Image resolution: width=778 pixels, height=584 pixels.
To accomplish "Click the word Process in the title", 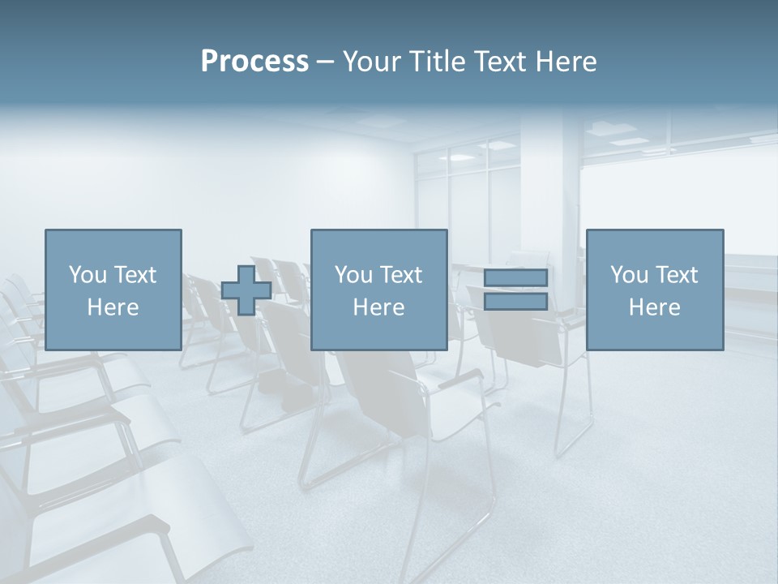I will [254, 62].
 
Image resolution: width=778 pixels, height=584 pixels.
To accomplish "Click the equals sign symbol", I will [515, 290].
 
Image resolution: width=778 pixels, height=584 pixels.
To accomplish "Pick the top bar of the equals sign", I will [515, 278].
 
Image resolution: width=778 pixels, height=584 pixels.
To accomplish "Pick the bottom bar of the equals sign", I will [515, 301].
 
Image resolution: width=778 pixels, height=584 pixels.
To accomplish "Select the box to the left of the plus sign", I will [113, 290].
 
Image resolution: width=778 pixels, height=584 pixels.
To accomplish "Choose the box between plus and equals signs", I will [378, 290].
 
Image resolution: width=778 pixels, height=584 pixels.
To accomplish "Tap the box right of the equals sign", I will [654, 290].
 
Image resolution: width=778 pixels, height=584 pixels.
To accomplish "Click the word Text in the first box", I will [134, 275].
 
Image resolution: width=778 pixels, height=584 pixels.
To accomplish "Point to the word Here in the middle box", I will [378, 307].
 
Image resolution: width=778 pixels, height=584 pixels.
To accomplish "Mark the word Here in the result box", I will [654, 307].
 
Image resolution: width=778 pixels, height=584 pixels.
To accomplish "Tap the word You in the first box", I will [88, 275].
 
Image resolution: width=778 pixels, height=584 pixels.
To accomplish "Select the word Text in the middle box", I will [400, 275].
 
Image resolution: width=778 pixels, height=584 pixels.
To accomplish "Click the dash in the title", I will [326, 62].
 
